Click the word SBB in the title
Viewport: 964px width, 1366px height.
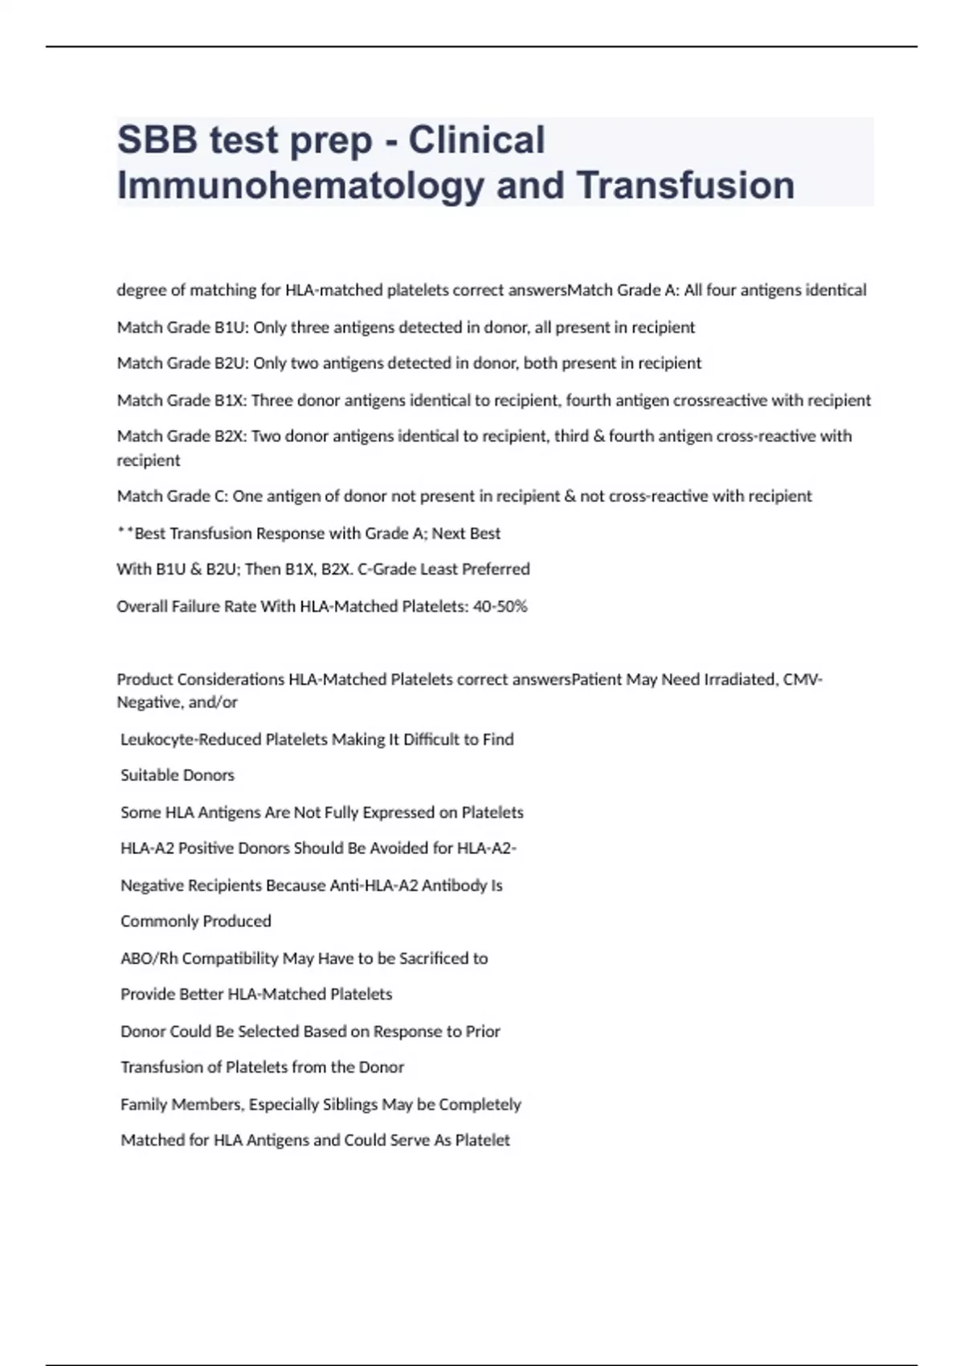point(157,140)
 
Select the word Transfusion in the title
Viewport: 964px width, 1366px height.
point(685,185)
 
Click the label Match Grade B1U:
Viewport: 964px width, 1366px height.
point(183,327)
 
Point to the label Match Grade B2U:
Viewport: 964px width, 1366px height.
point(183,363)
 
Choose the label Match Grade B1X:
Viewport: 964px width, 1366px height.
point(182,400)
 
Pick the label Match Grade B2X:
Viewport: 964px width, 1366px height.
point(182,436)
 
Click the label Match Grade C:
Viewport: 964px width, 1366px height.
point(173,496)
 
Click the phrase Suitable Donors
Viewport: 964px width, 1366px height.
point(178,775)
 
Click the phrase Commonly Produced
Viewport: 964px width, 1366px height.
point(196,921)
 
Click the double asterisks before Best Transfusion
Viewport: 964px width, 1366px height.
point(125,532)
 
